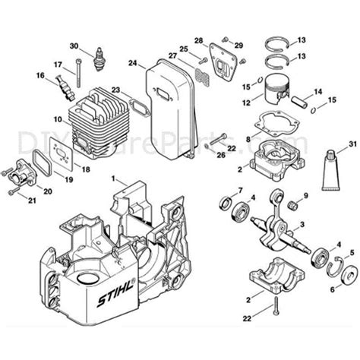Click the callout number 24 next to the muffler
coord(132,64)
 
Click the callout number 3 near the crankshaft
coord(323,226)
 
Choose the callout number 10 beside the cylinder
coord(58,119)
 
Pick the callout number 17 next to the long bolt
coord(58,63)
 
